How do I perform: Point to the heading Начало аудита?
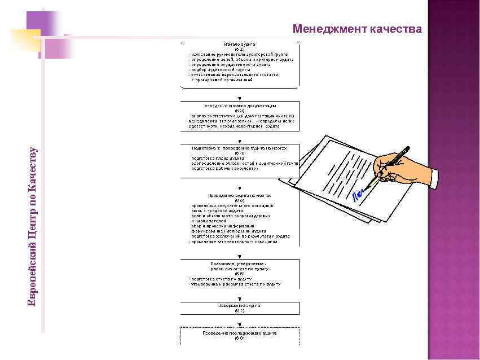click(240, 44)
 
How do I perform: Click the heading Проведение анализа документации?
click(240, 106)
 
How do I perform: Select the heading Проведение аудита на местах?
click(240, 195)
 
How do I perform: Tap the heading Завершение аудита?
click(240, 305)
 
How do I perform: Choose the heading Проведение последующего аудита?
click(240, 333)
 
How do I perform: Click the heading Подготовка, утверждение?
click(240, 264)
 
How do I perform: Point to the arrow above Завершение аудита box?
click(240, 297)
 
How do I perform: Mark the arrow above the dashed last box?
click(240, 324)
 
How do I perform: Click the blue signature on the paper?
click(358, 195)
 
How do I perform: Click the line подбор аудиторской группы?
click(217, 69)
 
